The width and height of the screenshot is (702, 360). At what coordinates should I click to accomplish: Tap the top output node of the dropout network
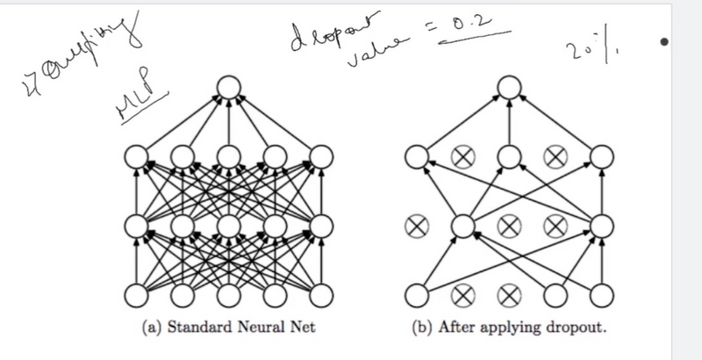point(509,86)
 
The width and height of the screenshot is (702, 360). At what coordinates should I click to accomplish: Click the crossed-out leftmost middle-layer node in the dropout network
point(416,226)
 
